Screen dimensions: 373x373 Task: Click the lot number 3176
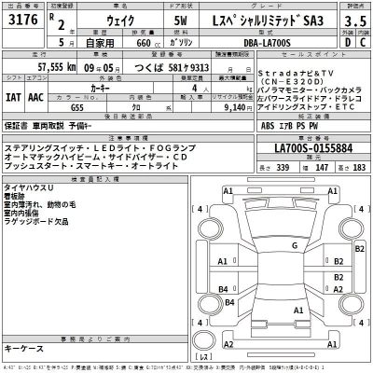[20, 28]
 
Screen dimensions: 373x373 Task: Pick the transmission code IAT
[14, 94]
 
